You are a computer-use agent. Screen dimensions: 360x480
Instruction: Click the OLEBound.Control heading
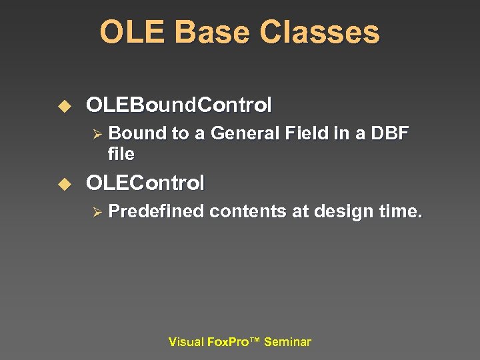[179, 105]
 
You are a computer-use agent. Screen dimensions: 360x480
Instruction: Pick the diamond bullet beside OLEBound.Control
[65, 106]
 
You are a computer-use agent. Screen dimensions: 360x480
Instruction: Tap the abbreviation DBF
[389, 133]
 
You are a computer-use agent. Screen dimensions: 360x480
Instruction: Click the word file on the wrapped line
[121, 154]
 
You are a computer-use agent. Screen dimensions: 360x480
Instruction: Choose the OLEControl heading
[145, 183]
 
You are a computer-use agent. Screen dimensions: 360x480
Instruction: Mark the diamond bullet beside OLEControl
[65, 183]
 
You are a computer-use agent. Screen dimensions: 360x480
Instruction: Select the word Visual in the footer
[187, 342]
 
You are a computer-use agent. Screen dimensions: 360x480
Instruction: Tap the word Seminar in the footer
[287, 342]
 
